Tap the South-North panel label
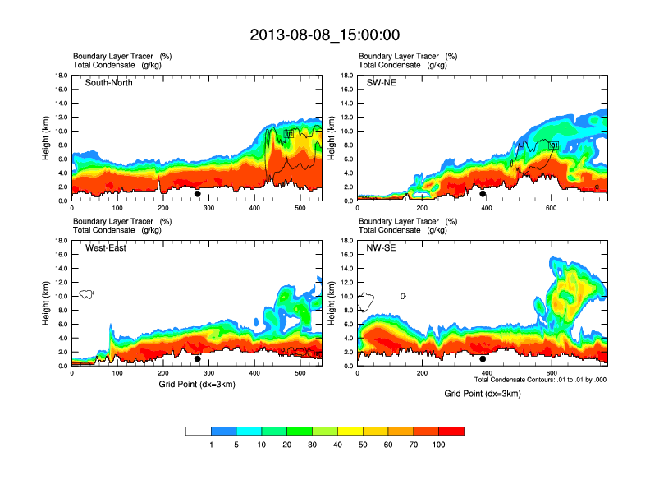tap(108, 82)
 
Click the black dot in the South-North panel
tap(198, 194)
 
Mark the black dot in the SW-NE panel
tap(483, 194)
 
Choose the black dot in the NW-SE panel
tap(483, 359)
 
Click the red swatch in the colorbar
tap(451, 431)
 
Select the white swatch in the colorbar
tap(199, 431)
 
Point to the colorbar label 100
tap(439, 445)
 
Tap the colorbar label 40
tap(337, 445)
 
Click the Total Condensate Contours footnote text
tap(540, 380)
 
